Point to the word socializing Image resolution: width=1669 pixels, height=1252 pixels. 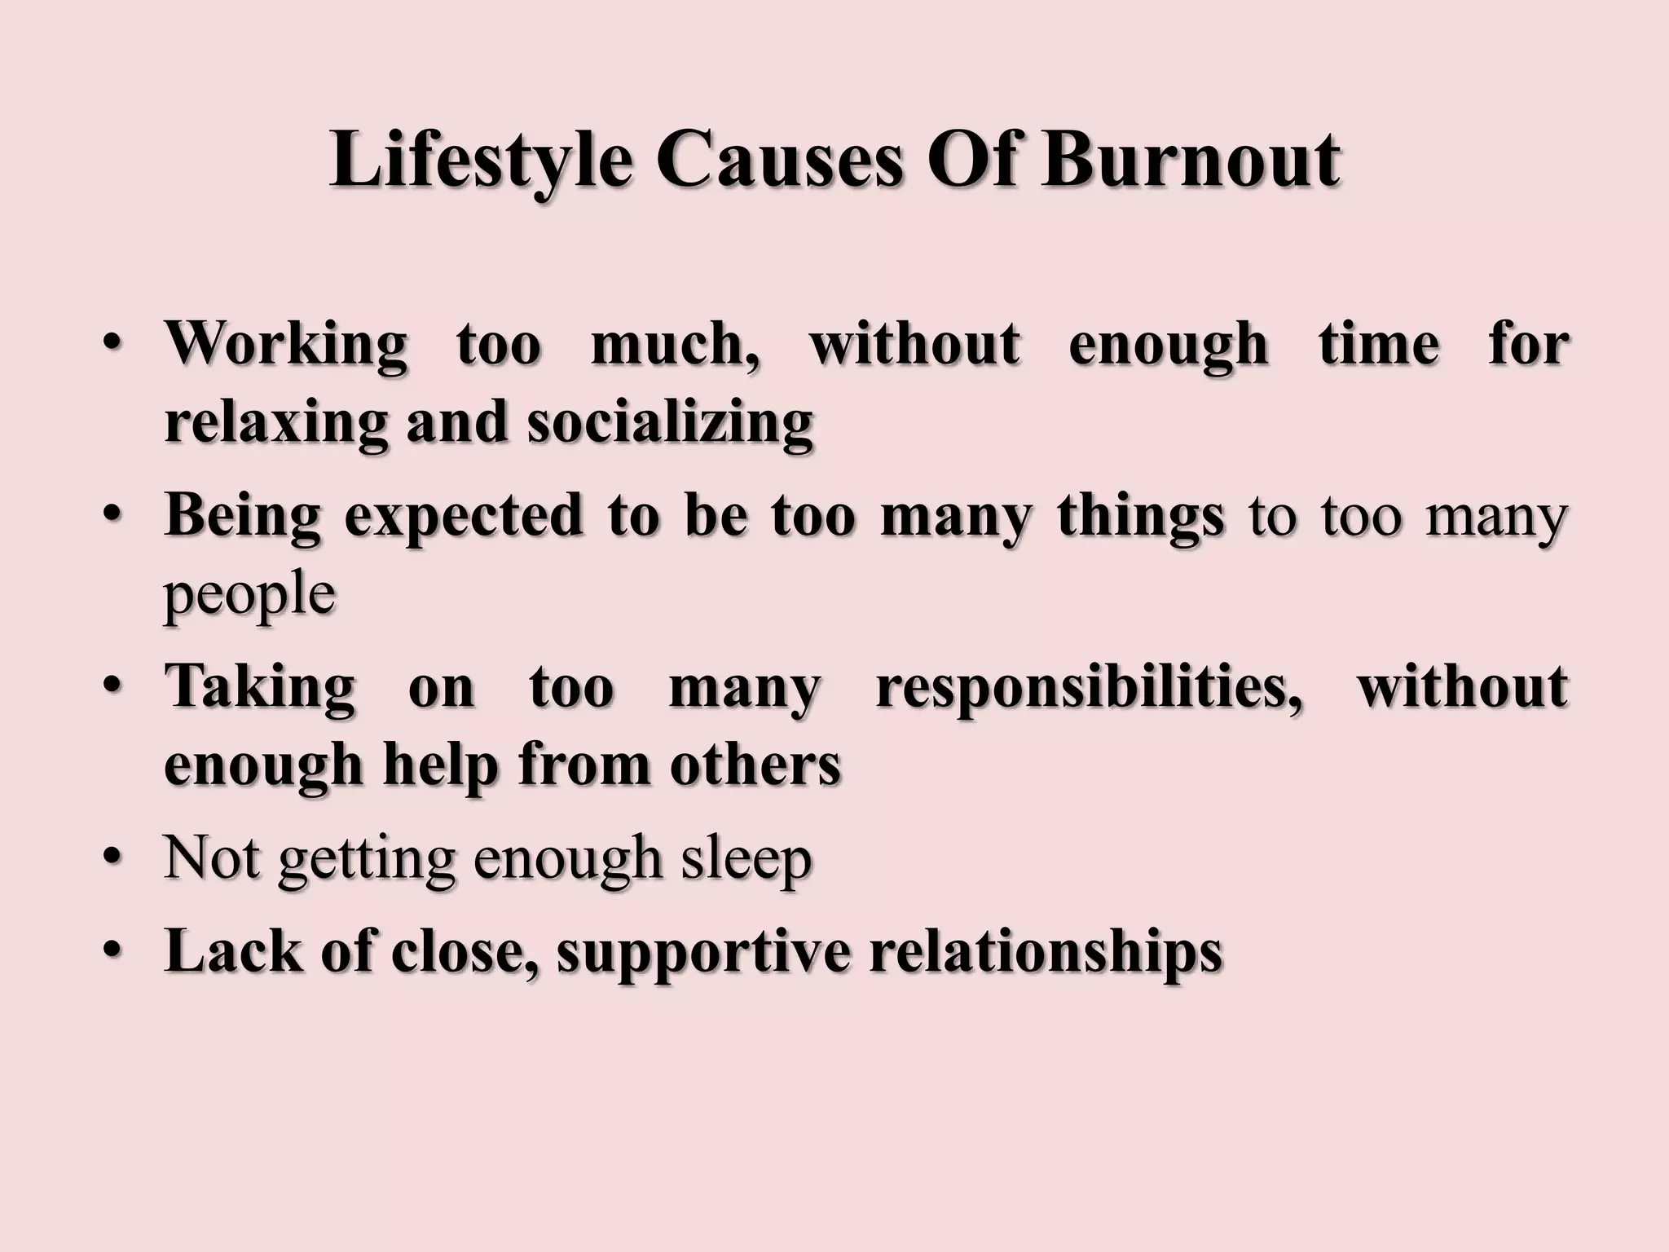[x=670, y=424]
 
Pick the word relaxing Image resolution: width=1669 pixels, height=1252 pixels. [x=275, y=424]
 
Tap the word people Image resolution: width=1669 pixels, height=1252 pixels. [x=249, y=595]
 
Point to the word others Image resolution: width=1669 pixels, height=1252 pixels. [x=755, y=765]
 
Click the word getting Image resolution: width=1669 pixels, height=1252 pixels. [x=366, y=860]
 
